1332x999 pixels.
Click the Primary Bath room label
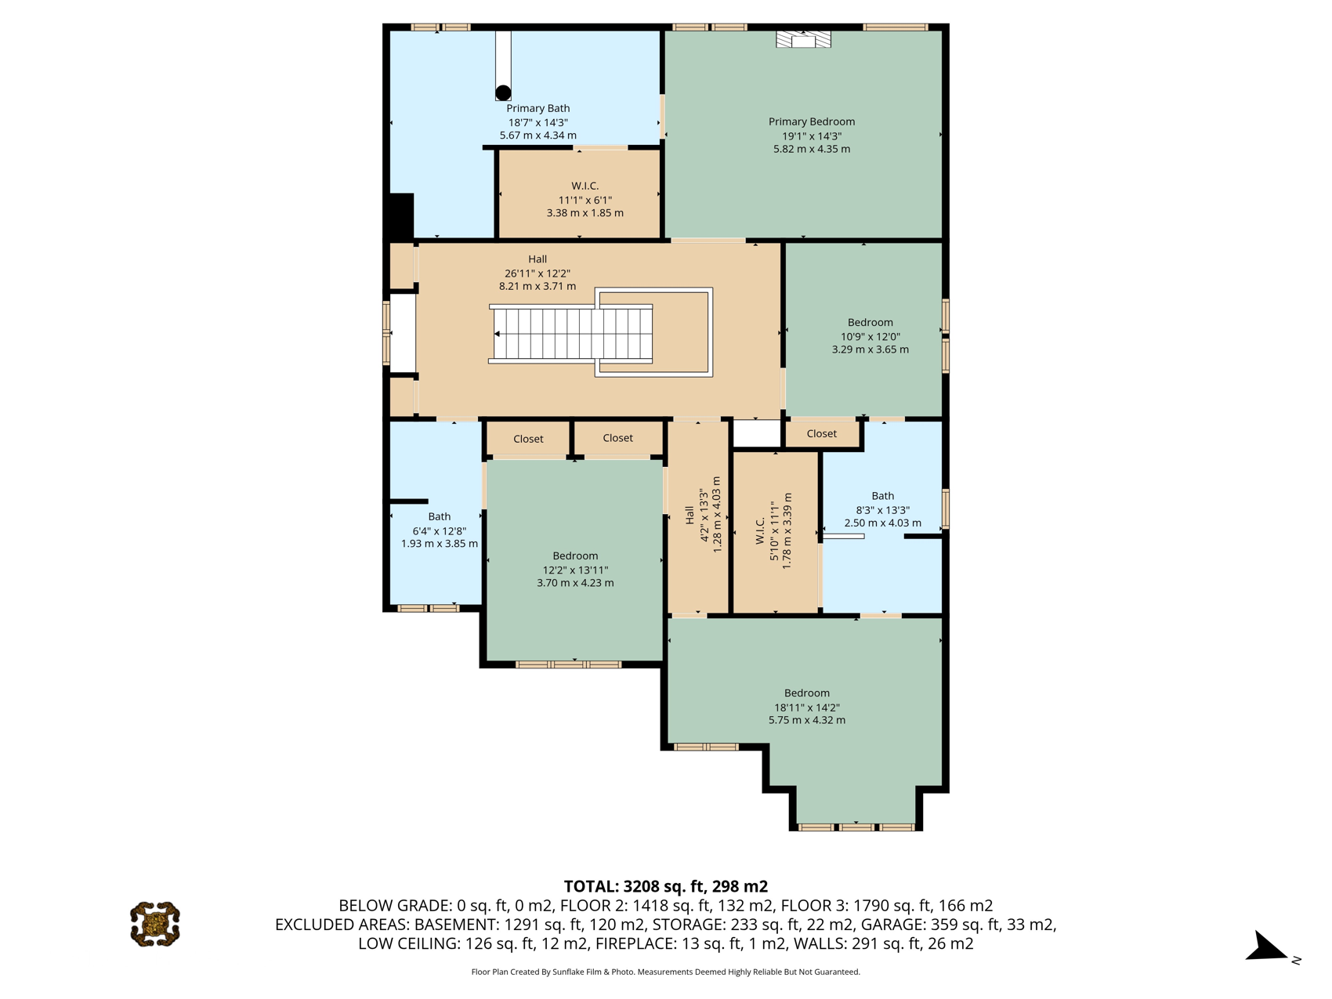point(538,108)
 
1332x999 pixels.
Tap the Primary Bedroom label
point(811,121)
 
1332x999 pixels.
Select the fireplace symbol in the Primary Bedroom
point(803,39)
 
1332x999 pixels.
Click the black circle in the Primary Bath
point(503,92)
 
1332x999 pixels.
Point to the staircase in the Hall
point(570,334)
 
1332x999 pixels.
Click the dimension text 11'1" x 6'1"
point(585,200)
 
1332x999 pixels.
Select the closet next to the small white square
point(822,433)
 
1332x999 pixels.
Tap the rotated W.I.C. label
point(760,531)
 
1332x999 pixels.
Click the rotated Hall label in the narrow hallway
point(690,515)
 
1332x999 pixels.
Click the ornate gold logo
point(155,924)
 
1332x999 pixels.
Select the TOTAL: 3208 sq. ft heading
point(666,886)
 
